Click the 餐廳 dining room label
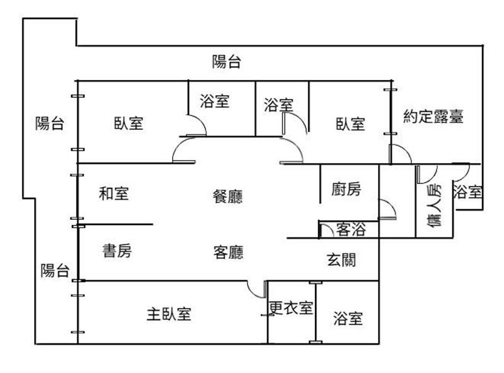coord(227,196)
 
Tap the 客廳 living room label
coord(228,253)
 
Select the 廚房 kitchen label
coord(346,189)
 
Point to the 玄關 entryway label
coord(341,259)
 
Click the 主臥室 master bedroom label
coord(169,313)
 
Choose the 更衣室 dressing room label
coord(290,309)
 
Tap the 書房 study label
coord(117,251)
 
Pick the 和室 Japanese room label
coord(114,193)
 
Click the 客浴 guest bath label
coord(350,229)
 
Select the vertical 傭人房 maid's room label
coord(434,206)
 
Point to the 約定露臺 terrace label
coord(433,117)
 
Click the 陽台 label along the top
coord(227,62)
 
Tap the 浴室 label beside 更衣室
coord(348,318)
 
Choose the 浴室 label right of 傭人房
coord(467,191)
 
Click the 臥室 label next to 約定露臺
coord(350,123)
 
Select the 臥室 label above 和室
coord(129,123)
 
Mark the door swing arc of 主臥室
coord(256,290)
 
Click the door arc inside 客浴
coord(325,229)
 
